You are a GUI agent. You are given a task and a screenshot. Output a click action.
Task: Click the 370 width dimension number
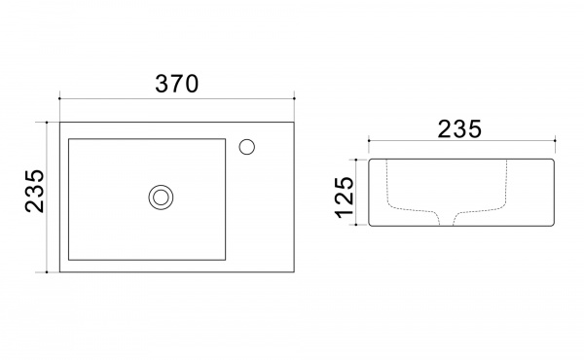tap(177, 84)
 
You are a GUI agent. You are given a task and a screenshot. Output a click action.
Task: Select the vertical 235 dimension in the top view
tap(35, 191)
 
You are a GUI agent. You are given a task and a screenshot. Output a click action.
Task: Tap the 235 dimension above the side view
tap(459, 129)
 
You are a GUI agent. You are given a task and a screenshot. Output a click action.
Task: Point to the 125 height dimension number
tap(345, 198)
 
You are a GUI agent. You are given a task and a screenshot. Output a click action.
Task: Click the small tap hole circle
tap(247, 147)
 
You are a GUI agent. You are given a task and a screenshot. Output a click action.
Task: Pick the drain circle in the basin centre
tap(161, 198)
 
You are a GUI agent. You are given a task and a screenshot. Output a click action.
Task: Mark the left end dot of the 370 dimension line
tap(59, 98)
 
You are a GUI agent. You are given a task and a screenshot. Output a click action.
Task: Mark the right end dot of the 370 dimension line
tap(294, 98)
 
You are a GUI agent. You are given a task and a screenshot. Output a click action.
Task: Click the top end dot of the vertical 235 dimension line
tap(47, 123)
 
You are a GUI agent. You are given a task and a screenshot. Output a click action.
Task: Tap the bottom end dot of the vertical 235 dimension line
tap(47, 272)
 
